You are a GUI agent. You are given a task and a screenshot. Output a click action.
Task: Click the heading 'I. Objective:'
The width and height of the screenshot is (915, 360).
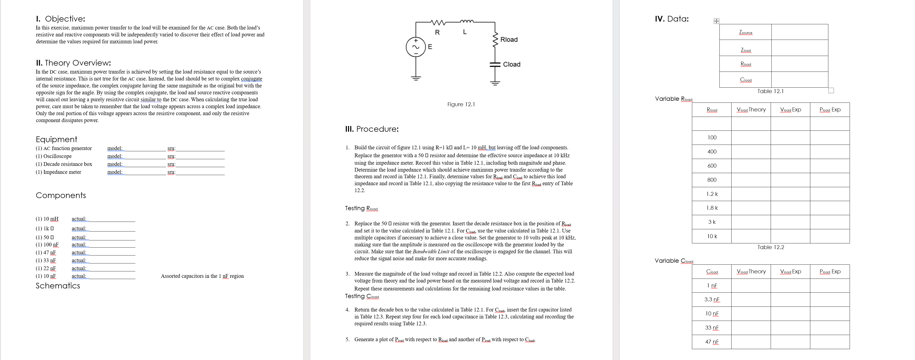tap(60, 19)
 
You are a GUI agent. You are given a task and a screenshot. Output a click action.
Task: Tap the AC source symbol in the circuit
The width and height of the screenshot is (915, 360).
tap(416, 47)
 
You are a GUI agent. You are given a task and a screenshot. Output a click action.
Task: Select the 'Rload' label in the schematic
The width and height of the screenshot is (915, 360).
tap(509, 39)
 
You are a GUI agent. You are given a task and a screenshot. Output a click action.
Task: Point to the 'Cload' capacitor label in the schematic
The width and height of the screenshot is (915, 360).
tap(511, 64)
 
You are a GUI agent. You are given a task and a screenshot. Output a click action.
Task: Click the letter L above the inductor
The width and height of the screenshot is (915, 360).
tap(465, 32)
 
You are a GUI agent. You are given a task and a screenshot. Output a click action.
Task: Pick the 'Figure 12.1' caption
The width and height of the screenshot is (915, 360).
tap(461, 104)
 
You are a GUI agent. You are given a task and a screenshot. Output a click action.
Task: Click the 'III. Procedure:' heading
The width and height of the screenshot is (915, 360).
tap(372, 129)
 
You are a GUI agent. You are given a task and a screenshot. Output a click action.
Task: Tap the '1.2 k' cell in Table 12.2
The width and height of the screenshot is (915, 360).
tap(712, 194)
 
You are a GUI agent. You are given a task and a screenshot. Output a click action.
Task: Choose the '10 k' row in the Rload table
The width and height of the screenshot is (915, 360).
tap(712, 236)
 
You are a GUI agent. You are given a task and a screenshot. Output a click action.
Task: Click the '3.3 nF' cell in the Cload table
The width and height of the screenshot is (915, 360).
tap(712, 300)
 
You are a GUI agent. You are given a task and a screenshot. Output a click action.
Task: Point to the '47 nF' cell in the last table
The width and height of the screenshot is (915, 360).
tap(712, 342)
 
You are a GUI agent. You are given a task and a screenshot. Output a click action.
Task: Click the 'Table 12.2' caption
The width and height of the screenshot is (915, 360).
tap(770, 247)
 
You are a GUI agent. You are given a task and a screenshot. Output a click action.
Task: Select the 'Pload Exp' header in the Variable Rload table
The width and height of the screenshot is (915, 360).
tap(830, 110)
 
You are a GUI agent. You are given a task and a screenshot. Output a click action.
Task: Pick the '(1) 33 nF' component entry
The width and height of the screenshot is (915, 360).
tap(46, 260)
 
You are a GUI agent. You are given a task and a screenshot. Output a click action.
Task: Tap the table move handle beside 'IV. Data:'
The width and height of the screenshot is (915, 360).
tap(716, 21)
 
